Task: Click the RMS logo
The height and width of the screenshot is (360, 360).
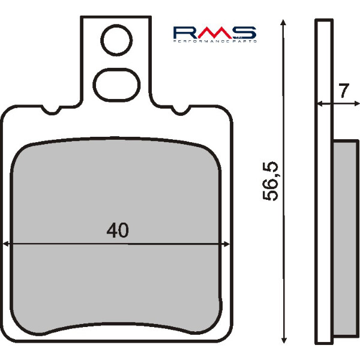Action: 214,34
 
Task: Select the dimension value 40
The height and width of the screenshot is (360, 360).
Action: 118,230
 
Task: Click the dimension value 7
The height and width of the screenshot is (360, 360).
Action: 343,92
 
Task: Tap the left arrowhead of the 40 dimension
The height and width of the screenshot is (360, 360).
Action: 7,244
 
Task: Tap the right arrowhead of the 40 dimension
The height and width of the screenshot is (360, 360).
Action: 226,244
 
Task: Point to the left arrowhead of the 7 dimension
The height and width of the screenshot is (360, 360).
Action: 319,104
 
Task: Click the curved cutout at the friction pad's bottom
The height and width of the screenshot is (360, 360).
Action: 118,328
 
